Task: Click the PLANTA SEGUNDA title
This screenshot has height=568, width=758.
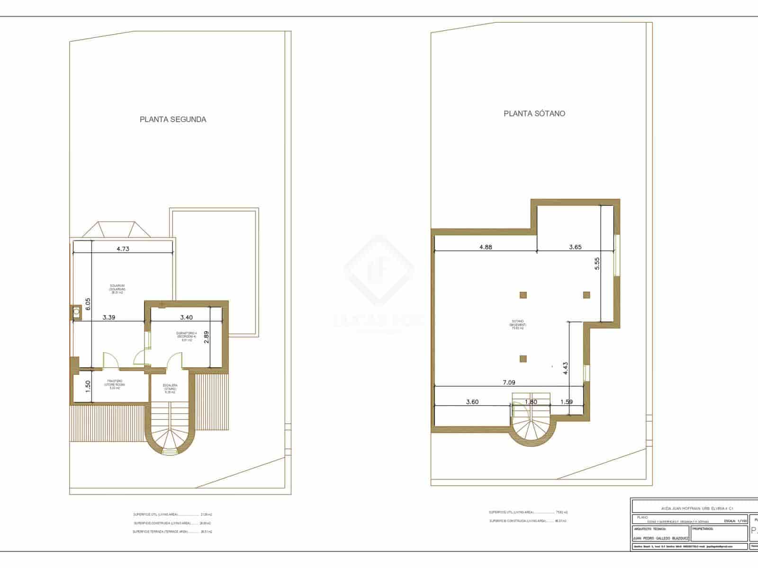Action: [x=173, y=119]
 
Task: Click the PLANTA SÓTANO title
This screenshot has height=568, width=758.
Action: [x=534, y=114]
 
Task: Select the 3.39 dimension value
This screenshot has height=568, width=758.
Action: [x=108, y=317]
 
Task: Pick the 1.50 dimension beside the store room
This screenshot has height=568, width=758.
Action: [x=87, y=387]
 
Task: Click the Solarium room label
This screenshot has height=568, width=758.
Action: [x=117, y=289]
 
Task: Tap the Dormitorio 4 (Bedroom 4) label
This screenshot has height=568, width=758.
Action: [x=186, y=336]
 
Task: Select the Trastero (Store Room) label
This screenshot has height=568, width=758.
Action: [x=115, y=384]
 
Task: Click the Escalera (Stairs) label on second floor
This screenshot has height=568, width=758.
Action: [x=170, y=389]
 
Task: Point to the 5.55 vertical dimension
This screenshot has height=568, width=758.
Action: [x=597, y=263]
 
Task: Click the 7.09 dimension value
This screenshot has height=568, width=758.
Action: [x=509, y=382]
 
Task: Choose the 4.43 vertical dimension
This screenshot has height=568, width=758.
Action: [x=565, y=368]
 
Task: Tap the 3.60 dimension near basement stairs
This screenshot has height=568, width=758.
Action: [x=472, y=402]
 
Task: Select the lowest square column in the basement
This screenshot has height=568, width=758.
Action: [x=523, y=358]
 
